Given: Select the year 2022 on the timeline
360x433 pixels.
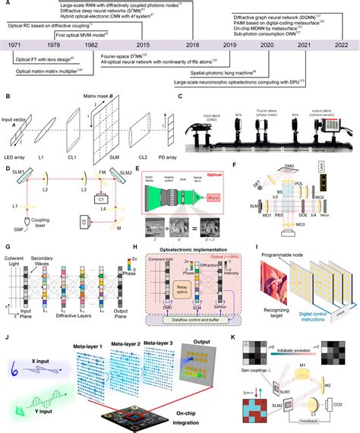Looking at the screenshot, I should [341, 46].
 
